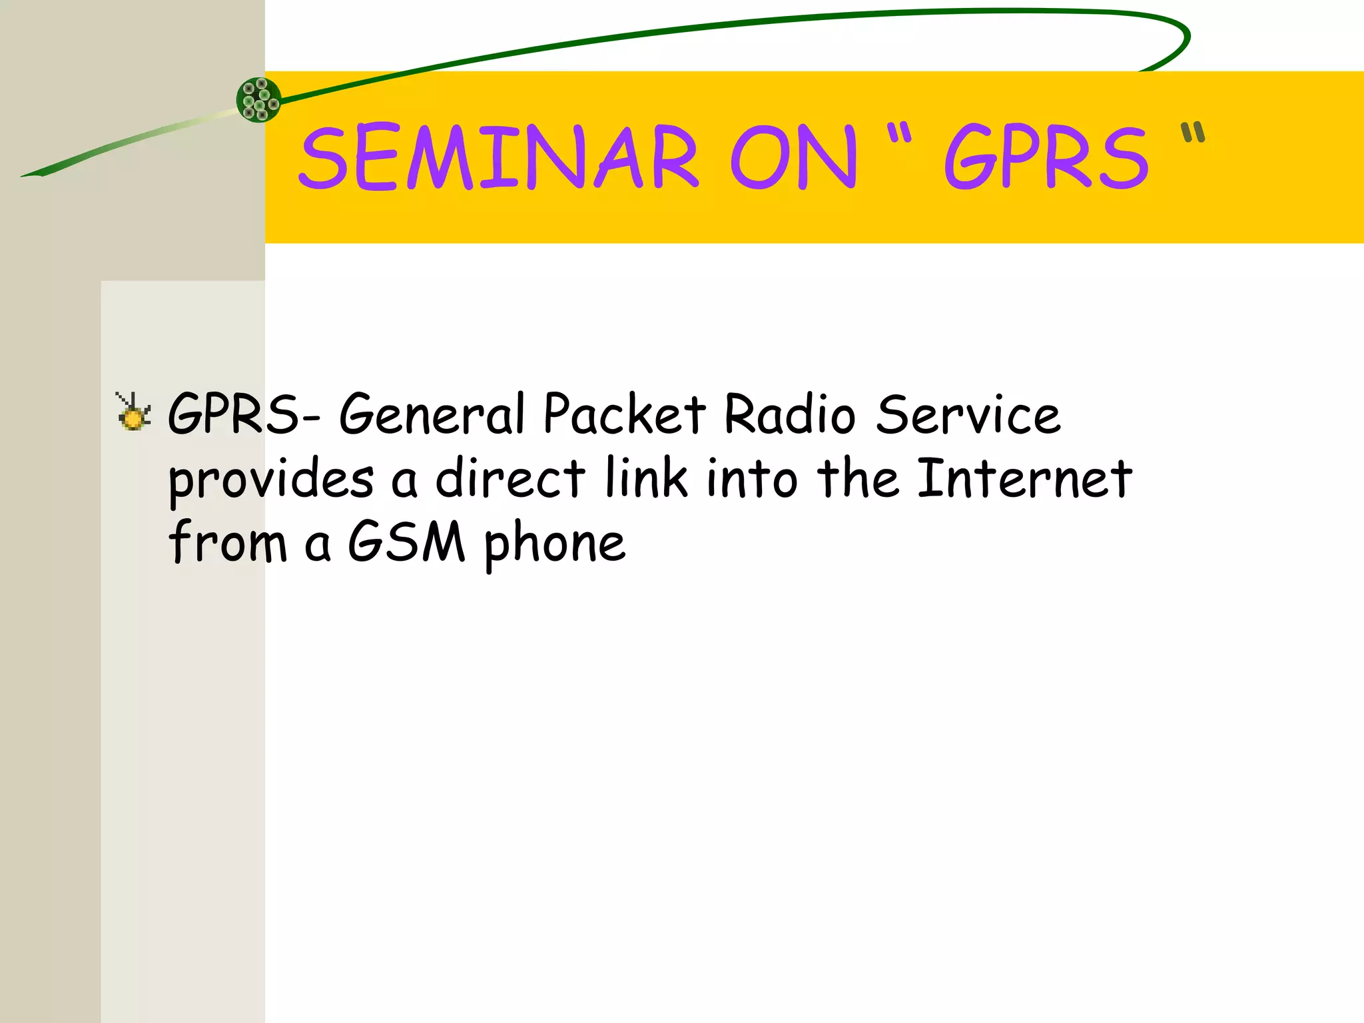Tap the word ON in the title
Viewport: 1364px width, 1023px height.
[793, 157]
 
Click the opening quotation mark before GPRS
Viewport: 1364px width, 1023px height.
[898, 133]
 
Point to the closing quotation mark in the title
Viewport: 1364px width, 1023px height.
[1193, 133]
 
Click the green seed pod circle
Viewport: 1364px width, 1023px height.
[259, 100]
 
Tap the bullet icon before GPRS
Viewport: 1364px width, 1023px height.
[133, 412]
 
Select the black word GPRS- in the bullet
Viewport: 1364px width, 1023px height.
[244, 414]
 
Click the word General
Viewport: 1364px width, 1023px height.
[433, 414]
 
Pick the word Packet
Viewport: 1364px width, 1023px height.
[624, 414]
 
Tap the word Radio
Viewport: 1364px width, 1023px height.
[789, 414]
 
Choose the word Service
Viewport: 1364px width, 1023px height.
[968, 414]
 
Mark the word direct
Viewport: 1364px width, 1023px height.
[510, 478]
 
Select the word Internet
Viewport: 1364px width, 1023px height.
[1024, 478]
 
